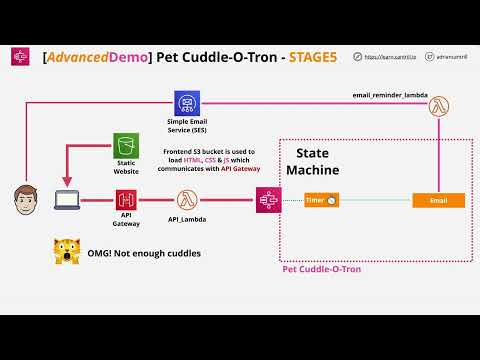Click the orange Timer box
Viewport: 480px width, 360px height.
coord(321,201)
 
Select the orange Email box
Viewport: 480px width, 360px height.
coord(439,201)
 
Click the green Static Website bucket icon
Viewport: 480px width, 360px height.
coord(126,144)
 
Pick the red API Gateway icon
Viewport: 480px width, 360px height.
coord(127,201)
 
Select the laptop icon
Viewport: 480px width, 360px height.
coord(67,201)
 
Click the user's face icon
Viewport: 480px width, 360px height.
coord(25,200)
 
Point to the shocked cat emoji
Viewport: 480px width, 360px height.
coord(66,253)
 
